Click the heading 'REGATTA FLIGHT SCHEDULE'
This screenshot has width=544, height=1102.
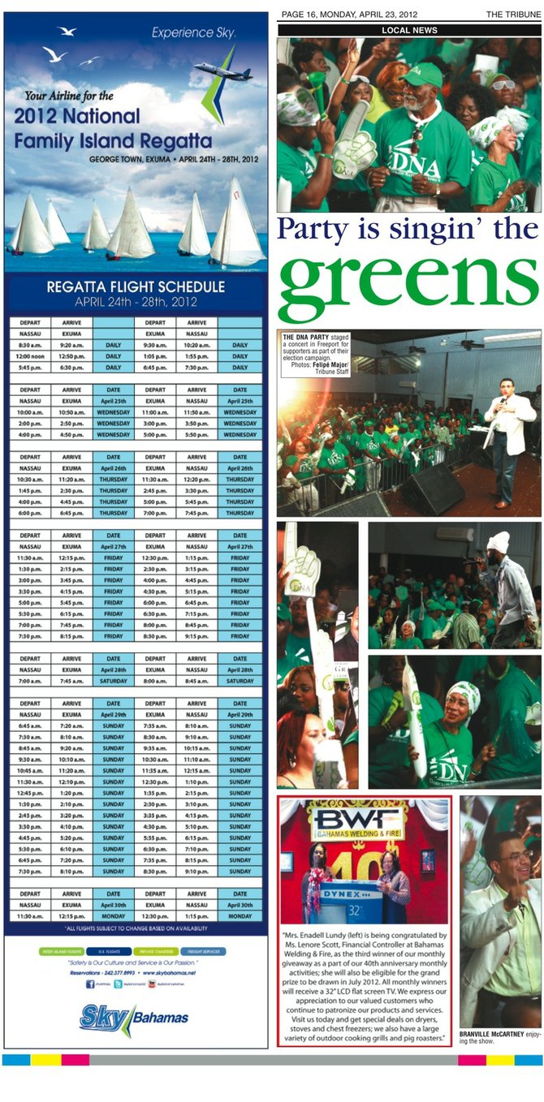(x=135, y=286)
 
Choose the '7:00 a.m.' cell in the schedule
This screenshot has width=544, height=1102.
(x=29, y=681)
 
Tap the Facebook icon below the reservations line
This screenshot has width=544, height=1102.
(x=90, y=984)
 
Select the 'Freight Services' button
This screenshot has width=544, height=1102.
(x=204, y=951)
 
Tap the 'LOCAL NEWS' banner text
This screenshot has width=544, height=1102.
(x=409, y=30)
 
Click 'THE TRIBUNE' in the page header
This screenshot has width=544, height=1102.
(x=514, y=15)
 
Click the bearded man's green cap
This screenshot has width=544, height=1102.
(x=424, y=75)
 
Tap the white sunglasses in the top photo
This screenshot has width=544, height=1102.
(x=503, y=85)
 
